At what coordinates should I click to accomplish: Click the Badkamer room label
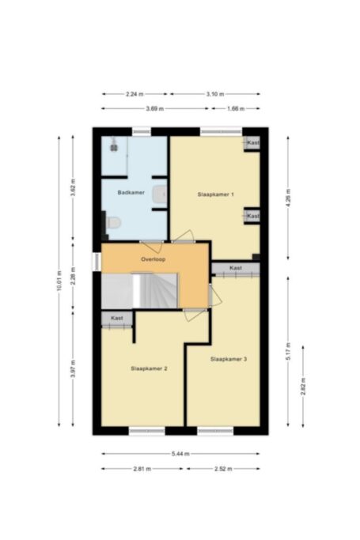click(x=131, y=192)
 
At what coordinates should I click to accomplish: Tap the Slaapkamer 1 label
click(x=216, y=194)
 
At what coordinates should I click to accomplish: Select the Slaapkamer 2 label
click(x=150, y=368)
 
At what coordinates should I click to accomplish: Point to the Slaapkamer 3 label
click(x=229, y=359)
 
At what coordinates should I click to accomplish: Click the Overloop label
click(x=153, y=259)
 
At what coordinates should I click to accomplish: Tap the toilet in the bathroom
click(x=113, y=222)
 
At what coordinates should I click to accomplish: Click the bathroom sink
click(x=160, y=194)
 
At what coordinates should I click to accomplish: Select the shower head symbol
click(x=114, y=145)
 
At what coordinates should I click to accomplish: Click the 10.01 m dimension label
click(x=59, y=281)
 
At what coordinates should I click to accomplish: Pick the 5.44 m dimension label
click(x=180, y=454)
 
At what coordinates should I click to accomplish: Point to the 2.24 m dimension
click(x=135, y=94)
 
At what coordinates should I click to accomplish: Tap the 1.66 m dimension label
click(x=236, y=109)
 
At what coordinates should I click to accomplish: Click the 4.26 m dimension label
click(x=288, y=198)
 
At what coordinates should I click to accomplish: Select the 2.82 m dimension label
click(x=303, y=386)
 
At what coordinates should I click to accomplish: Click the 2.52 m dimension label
click(x=223, y=469)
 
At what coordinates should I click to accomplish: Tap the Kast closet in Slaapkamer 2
click(x=117, y=319)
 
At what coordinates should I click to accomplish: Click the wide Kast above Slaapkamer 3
click(x=236, y=268)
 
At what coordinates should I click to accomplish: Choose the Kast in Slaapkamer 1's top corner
click(x=252, y=142)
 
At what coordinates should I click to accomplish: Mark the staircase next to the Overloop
click(x=139, y=290)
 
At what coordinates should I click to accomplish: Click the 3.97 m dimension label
click(x=73, y=369)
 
